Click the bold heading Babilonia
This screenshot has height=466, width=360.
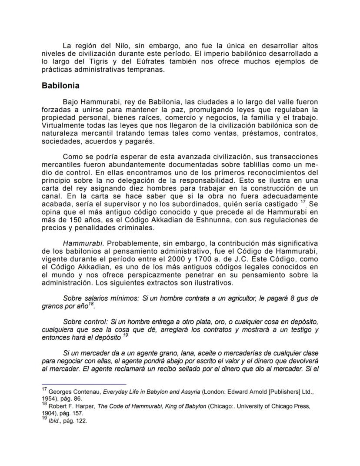[60, 86]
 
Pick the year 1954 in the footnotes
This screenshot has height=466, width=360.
[49, 398]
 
